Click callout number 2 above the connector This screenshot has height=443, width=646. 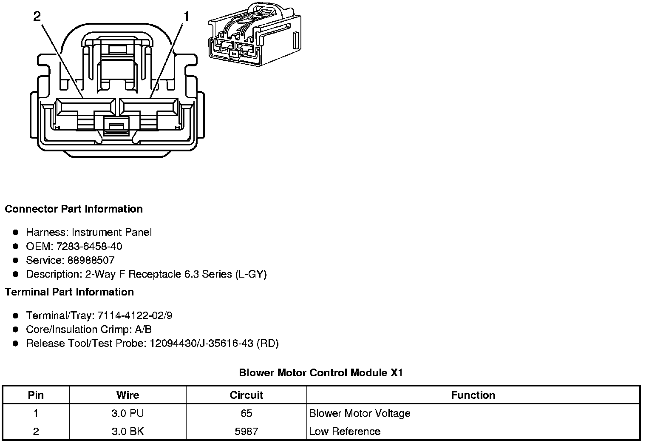click(37, 16)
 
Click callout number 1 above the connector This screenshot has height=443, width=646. click(186, 16)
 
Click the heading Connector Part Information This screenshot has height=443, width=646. click(74, 209)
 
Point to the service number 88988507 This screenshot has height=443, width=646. click(91, 260)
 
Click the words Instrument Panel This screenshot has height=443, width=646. click(111, 232)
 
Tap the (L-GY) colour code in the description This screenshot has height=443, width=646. click(251, 274)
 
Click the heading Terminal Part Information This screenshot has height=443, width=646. click(69, 292)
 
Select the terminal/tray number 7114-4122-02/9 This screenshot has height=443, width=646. click(135, 315)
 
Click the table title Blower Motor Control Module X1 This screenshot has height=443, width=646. click(321, 373)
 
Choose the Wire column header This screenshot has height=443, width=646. click(127, 395)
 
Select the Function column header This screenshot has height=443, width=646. click(473, 395)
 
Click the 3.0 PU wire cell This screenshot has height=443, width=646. click(127, 413)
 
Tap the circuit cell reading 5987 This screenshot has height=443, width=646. click(246, 432)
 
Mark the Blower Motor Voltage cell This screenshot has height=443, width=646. click(360, 413)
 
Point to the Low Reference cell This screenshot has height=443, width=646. click(345, 432)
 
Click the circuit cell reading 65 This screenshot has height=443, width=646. click(246, 413)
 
